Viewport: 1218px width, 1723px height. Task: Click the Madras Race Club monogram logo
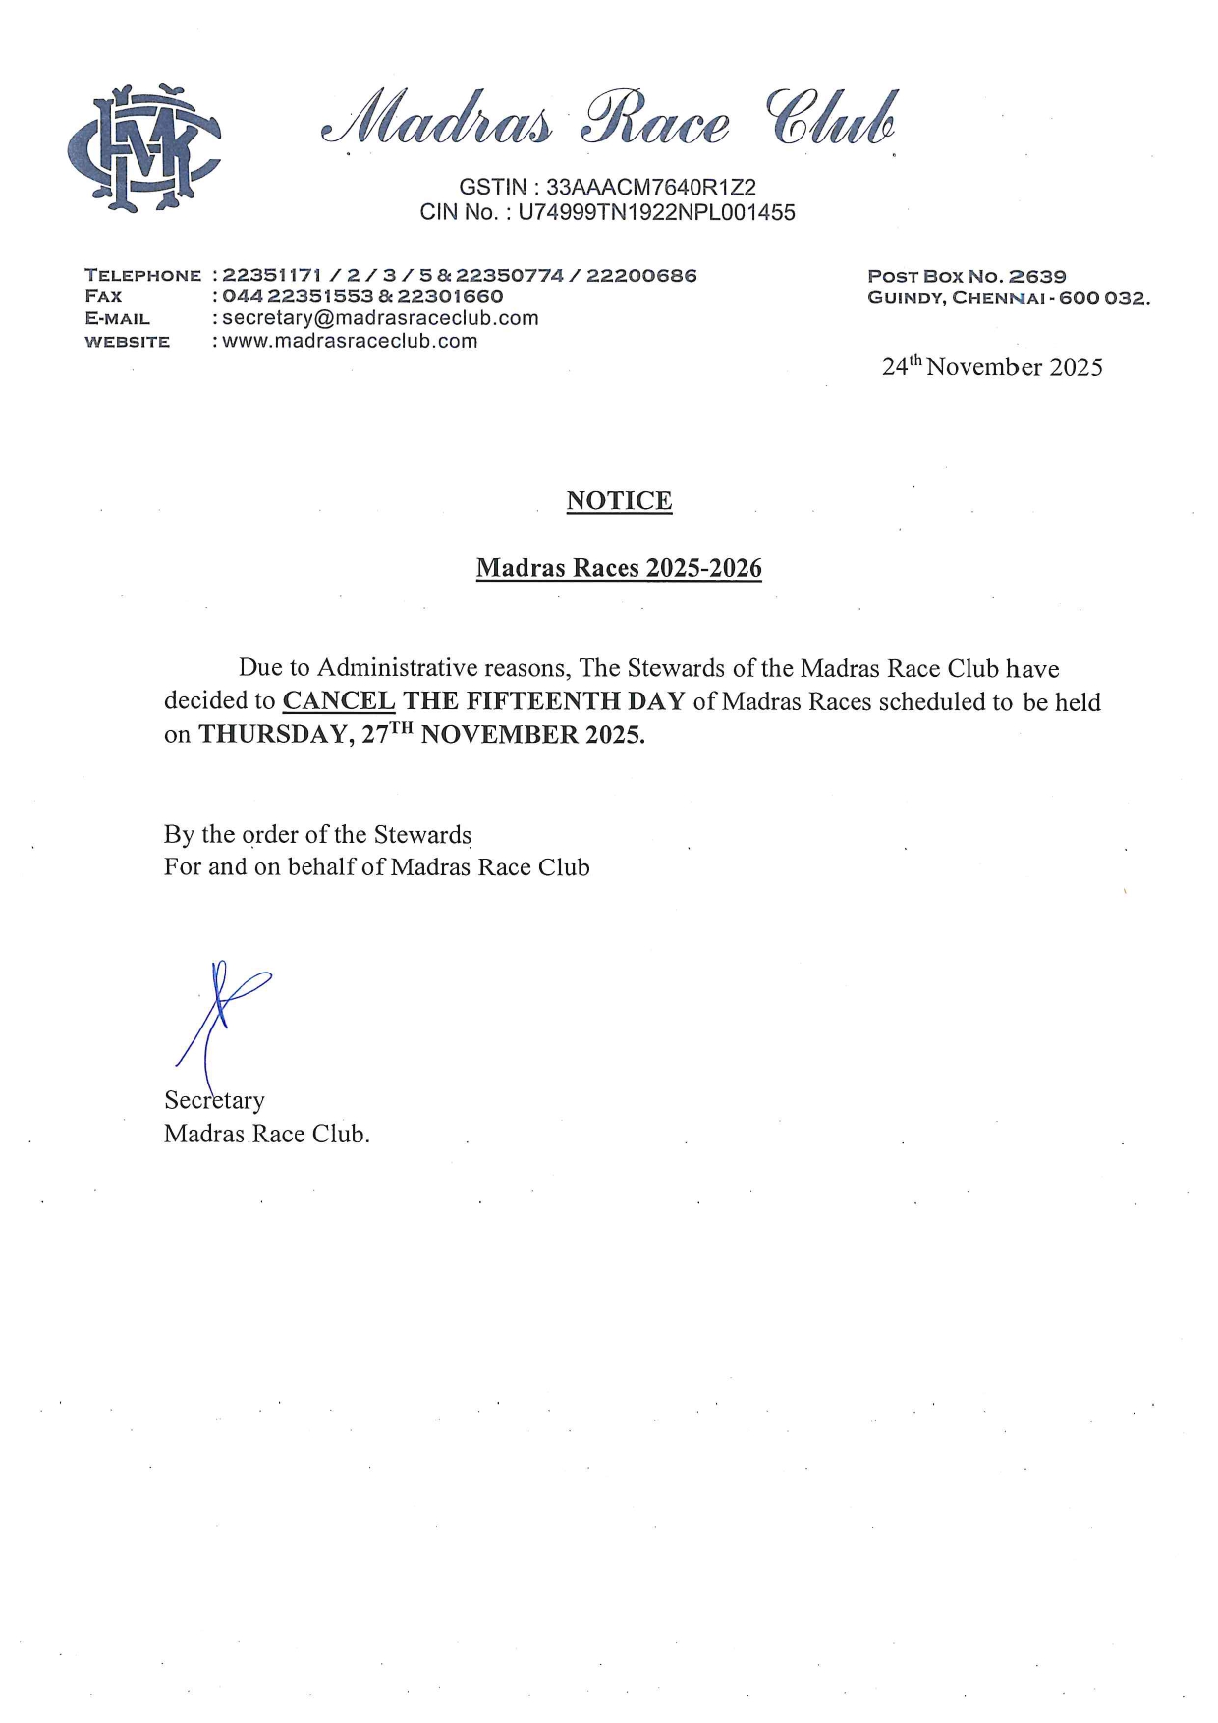click(143, 148)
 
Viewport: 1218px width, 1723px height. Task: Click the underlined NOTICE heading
click(619, 501)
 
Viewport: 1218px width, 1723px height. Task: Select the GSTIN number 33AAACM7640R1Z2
click(651, 187)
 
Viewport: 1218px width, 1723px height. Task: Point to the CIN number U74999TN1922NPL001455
click(656, 212)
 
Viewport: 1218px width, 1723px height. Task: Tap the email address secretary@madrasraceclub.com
click(380, 318)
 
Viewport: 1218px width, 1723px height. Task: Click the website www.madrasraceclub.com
click(350, 342)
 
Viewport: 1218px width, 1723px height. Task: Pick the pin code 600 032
click(1104, 298)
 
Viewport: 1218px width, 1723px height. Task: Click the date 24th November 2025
click(992, 367)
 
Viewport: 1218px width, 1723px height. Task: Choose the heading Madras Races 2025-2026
click(619, 568)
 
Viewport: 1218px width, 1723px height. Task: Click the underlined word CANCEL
click(339, 701)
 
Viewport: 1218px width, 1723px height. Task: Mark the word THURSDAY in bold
click(272, 735)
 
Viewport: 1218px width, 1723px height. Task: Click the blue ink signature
click(221, 1012)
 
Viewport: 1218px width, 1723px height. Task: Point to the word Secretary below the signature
click(214, 1100)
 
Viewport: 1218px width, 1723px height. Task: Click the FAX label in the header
click(104, 296)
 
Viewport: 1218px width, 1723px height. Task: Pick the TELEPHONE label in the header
click(142, 275)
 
